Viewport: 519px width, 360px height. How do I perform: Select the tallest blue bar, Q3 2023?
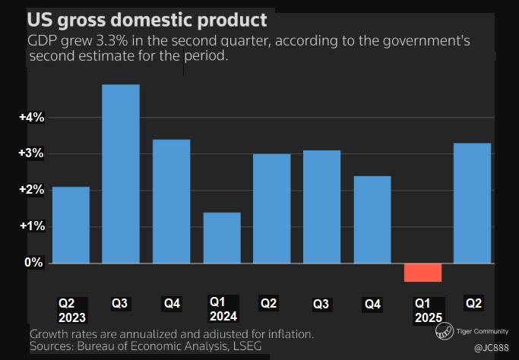tap(121, 174)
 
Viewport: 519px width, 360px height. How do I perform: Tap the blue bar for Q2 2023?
tap(71, 225)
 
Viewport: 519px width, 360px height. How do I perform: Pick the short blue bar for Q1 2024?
tap(222, 238)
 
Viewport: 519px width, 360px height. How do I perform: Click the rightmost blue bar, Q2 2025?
tap(473, 203)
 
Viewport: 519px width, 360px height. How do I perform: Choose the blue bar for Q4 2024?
tap(372, 219)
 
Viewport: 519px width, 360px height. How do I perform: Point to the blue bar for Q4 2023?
tap(172, 201)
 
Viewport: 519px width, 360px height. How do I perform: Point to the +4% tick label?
tap(33, 118)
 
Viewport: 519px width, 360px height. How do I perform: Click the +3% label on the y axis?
tap(33, 154)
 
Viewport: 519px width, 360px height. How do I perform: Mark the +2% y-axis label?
tap(33, 190)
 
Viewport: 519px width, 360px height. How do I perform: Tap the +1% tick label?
tap(33, 226)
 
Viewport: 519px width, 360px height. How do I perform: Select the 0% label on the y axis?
tap(34, 263)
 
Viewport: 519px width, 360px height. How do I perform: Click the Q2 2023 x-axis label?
tap(72, 311)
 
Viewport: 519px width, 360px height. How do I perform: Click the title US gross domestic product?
tap(147, 18)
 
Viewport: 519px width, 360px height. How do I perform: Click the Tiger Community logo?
tap(445, 332)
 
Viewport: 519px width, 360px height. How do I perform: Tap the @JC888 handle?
tap(492, 348)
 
